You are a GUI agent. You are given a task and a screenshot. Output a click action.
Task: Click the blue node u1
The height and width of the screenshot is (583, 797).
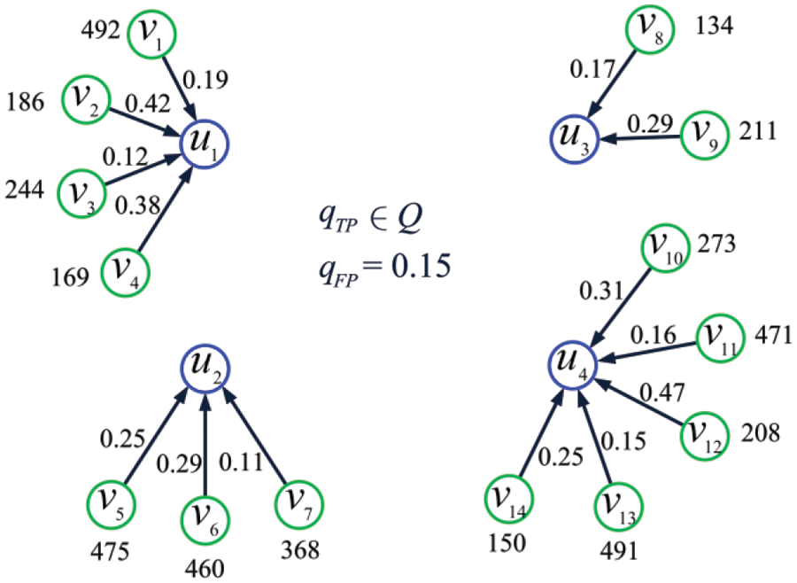(205, 143)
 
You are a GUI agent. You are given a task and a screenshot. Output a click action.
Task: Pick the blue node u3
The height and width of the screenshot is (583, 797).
(571, 138)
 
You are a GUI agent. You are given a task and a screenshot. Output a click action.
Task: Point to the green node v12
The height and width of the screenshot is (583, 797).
(705, 435)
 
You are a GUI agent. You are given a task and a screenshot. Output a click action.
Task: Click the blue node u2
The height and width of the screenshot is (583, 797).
(205, 365)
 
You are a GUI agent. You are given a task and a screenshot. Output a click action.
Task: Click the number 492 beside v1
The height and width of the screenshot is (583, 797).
(101, 31)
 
